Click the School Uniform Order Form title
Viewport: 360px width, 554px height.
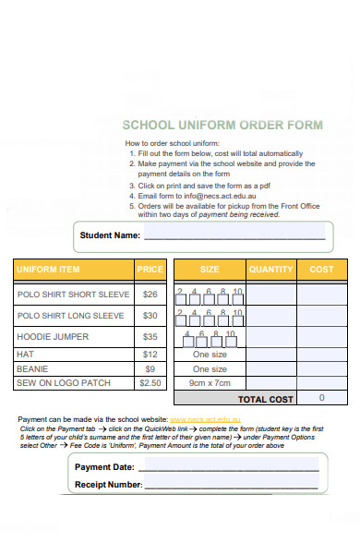[x=222, y=125]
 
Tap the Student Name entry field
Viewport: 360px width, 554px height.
[x=234, y=235]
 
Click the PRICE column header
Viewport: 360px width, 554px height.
[x=150, y=270]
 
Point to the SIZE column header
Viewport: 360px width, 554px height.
[x=210, y=270]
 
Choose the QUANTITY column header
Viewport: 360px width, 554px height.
[x=270, y=270]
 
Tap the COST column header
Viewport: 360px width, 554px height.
[x=321, y=270]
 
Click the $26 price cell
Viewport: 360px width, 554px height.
[x=150, y=295]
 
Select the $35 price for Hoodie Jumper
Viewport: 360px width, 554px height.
[x=150, y=337]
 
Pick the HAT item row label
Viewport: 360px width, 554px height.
[x=26, y=354]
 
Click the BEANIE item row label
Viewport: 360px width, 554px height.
[x=32, y=368]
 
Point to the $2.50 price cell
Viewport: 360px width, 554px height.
[x=150, y=382]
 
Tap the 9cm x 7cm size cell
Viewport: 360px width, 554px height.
[x=210, y=382]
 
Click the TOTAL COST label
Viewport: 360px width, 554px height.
[x=266, y=399]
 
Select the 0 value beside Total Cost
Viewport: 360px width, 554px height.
[x=321, y=398]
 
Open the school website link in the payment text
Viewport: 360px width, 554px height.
[x=205, y=419]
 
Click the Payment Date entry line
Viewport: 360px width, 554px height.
[x=231, y=467]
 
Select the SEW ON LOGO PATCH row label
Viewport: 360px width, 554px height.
[x=64, y=382]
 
